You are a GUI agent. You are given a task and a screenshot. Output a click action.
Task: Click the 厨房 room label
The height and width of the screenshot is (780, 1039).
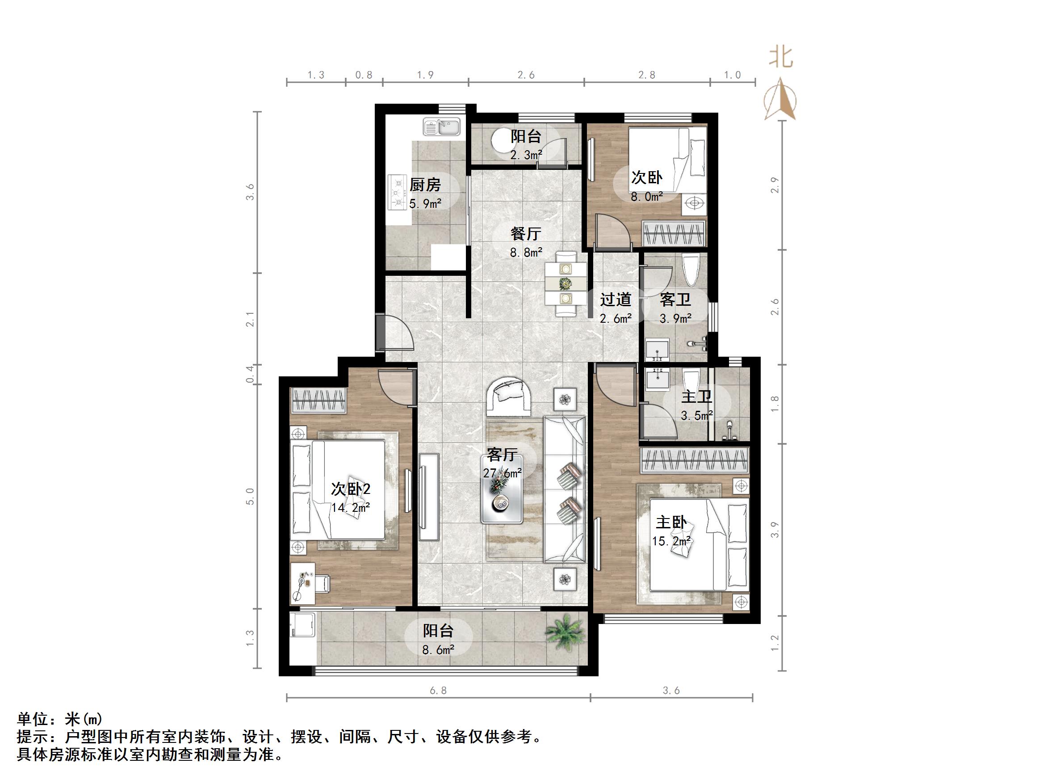point(425,185)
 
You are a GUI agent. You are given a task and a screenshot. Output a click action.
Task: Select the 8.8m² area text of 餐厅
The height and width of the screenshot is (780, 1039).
point(527,253)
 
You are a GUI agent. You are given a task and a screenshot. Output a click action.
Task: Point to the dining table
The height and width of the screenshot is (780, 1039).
point(566,283)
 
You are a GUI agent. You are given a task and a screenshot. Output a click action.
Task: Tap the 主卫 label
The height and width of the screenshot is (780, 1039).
point(696,396)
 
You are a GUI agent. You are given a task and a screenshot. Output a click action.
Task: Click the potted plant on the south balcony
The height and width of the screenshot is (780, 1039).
point(565,632)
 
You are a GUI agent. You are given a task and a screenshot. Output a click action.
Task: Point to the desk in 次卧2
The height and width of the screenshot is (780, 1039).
point(302,583)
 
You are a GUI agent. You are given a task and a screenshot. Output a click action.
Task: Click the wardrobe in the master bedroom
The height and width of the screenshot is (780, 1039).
point(694,460)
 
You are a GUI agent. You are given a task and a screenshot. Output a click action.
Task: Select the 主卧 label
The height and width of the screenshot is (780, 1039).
point(671,523)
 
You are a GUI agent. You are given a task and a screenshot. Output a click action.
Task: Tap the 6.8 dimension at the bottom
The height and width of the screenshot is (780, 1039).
point(438,691)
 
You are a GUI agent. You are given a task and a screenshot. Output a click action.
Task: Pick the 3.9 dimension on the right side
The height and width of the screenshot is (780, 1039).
point(775,530)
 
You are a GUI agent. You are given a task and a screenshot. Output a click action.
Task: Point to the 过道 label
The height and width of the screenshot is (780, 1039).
point(616,299)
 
